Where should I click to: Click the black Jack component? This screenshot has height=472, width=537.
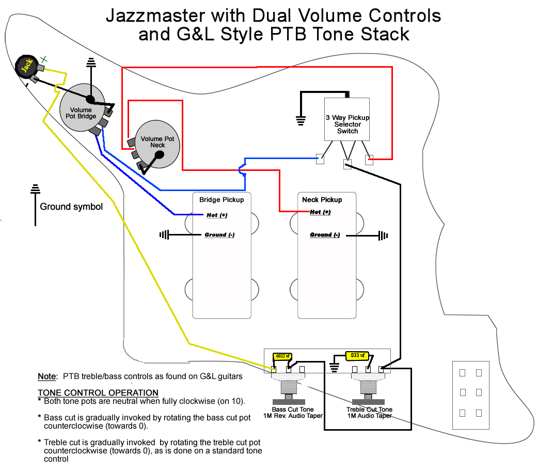click(x=25, y=66)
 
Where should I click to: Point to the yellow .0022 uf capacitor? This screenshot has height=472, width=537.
click(x=282, y=356)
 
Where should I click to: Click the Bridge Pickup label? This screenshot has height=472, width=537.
click(x=222, y=200)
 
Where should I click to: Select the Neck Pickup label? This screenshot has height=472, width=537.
click(x=322, y=200)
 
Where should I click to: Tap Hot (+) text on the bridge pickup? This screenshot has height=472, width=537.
click(x=217, y=215)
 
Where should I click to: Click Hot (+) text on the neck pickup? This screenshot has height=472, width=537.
click(x=320, y=212)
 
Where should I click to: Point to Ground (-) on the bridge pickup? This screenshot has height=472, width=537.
click(x=219, y=235)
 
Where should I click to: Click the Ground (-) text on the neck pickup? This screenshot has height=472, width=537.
click(x=325, y=235)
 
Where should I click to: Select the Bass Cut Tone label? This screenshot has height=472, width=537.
click(x=293, y=410)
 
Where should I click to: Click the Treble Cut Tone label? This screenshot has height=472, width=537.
click(x=369, y=410)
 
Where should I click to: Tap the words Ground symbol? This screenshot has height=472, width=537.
click(x=71, y=207)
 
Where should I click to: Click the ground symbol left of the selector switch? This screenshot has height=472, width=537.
click(x=301, y=121)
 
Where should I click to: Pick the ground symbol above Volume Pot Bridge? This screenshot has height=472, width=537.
click(x=92, y=63)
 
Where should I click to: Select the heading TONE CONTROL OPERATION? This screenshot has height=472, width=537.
click(x=98, y=393)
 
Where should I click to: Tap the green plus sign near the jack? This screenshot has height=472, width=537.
click(x=44, y=59)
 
